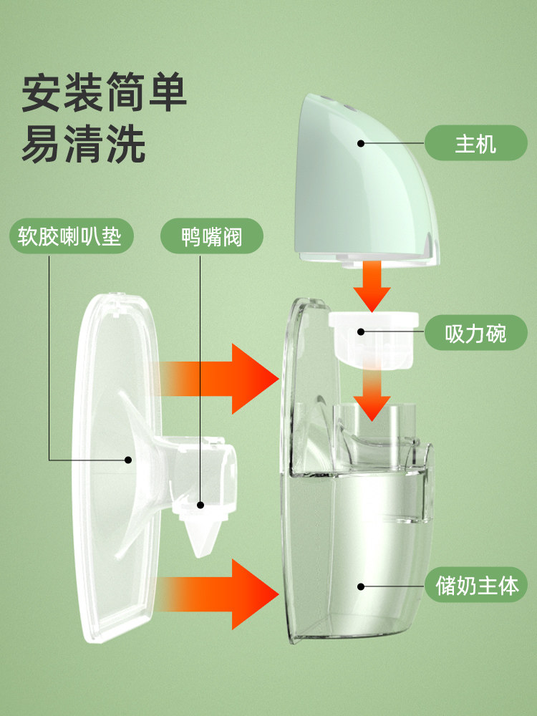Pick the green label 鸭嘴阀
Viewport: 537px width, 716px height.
[x=212, y=236]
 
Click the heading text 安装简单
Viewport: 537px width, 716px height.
[x=104, y=93]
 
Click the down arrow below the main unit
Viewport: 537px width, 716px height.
[x=372, y=286]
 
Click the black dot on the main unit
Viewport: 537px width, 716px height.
[x=361, y=144]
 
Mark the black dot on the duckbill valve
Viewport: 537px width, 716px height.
[x=202, y=506]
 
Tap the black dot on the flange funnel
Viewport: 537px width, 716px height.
[x=129, y=460]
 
